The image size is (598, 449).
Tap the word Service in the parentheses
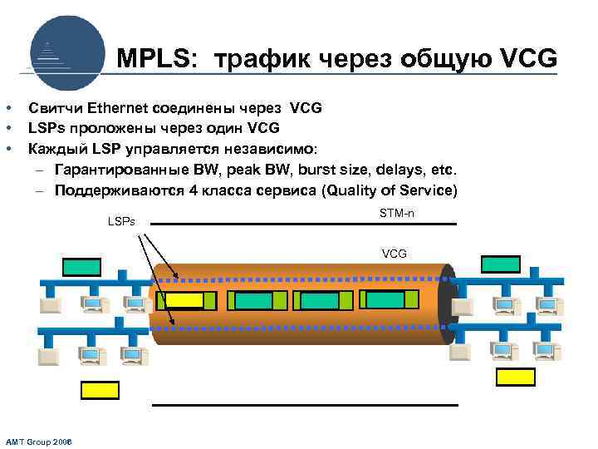(x=424, y=190)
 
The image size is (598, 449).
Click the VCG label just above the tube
(x=394, y=253)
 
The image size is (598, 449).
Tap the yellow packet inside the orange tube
(x=182, y=300)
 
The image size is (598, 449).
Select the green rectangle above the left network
(x=81, y=267)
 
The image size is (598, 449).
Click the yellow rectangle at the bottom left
(x=100, y=391)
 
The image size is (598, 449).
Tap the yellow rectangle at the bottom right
(x=516, y=377)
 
